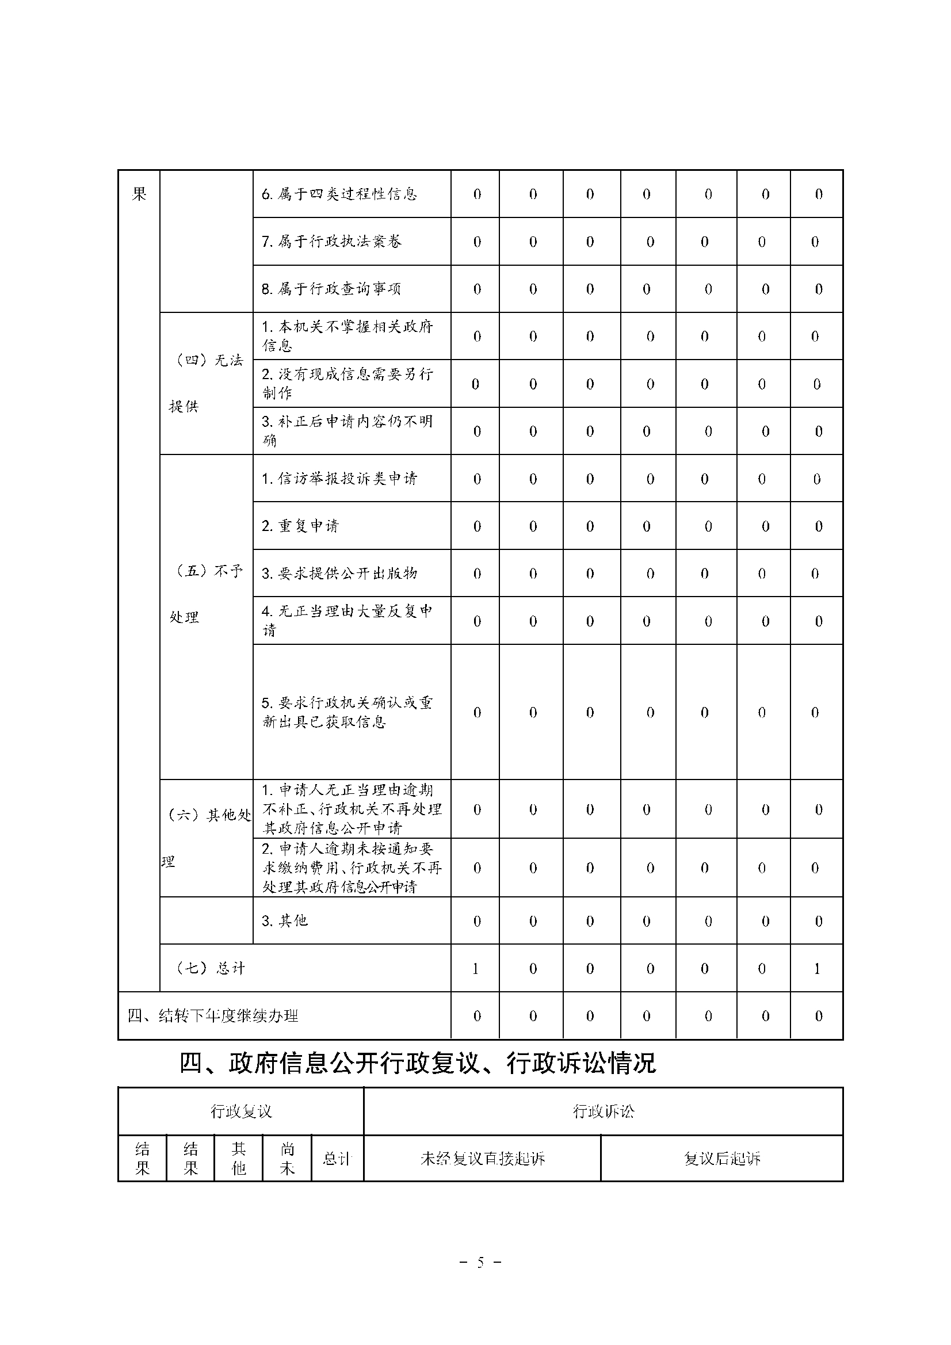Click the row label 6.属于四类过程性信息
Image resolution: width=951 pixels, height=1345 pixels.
pyautogui.click(x=339, y=194)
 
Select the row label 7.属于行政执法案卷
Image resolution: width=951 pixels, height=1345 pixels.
pyautogui.click(x=331, y=242)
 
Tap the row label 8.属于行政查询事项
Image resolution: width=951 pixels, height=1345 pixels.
pyautogui.click(x=331, y=289)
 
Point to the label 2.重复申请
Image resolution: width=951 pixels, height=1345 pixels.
pyautogui.click(x=300, y=526)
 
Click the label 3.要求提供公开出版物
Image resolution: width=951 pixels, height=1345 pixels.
pyautogui.click(x=339, y=574)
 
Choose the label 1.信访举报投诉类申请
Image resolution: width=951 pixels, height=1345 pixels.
pyautogui.click(x=339, y=479)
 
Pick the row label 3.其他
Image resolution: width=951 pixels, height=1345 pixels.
pyautogui.click(x=284, y=921)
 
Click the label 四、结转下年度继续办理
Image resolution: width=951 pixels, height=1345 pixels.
pyautogui.click(x=213, y=1016)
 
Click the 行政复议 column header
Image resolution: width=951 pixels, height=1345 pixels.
pyautogui.click(x=241, y=1111)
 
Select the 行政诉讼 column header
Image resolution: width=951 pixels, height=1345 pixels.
pyautogui.click(x=603, y=1111)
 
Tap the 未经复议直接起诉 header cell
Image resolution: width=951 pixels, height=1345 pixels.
pyautogui.click(x=482, y=1158)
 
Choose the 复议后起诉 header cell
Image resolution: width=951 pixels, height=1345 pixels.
pyautogui.click(x=722, y=1158)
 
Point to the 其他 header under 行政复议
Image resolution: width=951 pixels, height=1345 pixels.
pyautogui.click(x=239, y=1158)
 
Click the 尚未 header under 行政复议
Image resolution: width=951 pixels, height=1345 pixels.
pyautogui.click(x=287, y=1158)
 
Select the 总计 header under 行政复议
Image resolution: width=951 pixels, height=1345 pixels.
pyautogui.click(x=337, y=1158)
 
